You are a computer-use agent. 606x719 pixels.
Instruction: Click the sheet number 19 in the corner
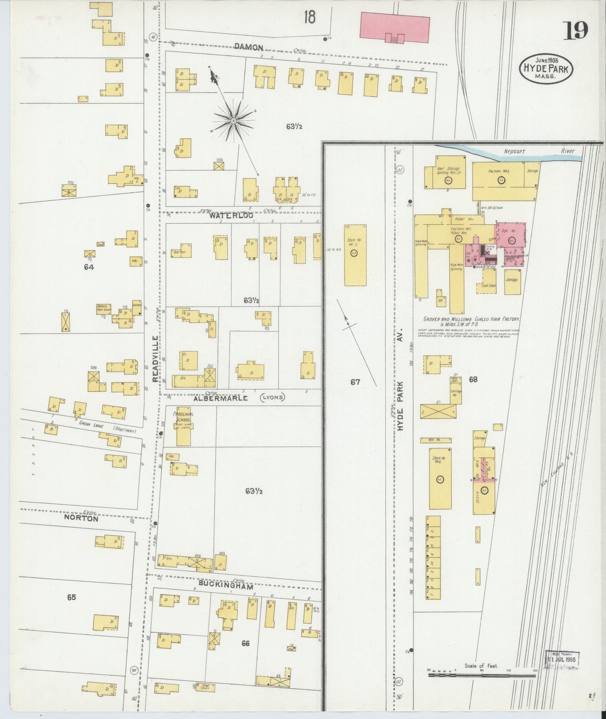[x=575, y=30]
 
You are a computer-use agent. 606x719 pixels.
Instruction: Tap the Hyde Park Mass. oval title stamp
[x=545, y=69]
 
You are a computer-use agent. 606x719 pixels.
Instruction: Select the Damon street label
[x=249, y=47]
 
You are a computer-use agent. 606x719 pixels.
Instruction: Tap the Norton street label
[x=81, y=518]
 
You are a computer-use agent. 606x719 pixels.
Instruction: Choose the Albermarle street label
[x=221, y=399]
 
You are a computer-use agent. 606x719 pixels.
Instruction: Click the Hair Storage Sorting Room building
[x=446, y=172]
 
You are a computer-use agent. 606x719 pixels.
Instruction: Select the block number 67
[x=355, y=382]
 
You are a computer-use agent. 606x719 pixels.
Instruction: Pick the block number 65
[x=71, y=597]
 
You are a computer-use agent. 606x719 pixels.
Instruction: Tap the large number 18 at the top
[x=310, y=17]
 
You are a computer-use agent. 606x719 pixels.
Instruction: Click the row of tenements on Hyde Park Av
[x=433, y=557]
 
